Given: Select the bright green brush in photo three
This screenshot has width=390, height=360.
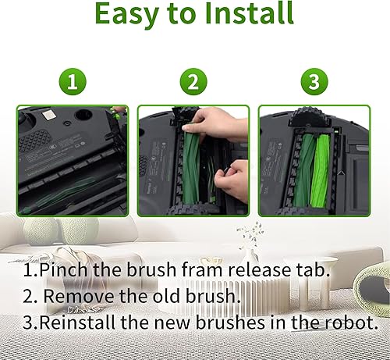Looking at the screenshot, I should pos(322,169).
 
